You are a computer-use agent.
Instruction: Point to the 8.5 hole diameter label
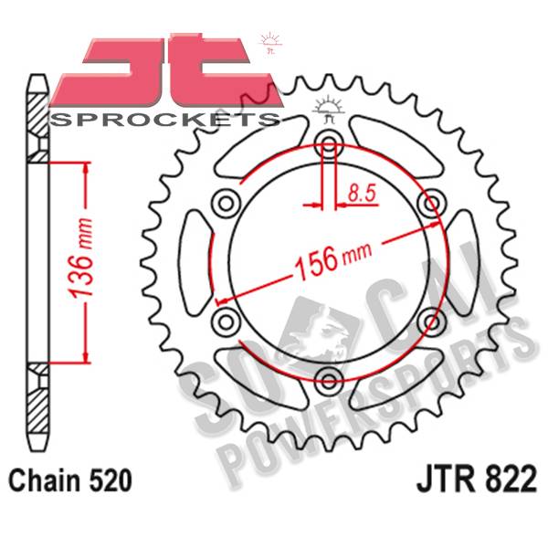[362, 194]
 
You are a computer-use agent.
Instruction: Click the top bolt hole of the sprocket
[329, 143]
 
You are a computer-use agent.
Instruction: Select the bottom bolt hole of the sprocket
[329, 381]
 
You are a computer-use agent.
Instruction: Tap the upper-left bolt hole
[227, 203]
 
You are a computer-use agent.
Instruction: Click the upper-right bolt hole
[432, 203]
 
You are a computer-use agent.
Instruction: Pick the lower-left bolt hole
[227, 321]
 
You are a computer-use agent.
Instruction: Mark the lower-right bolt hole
[432, 321]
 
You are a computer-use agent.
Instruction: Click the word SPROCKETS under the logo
[165, 120]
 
